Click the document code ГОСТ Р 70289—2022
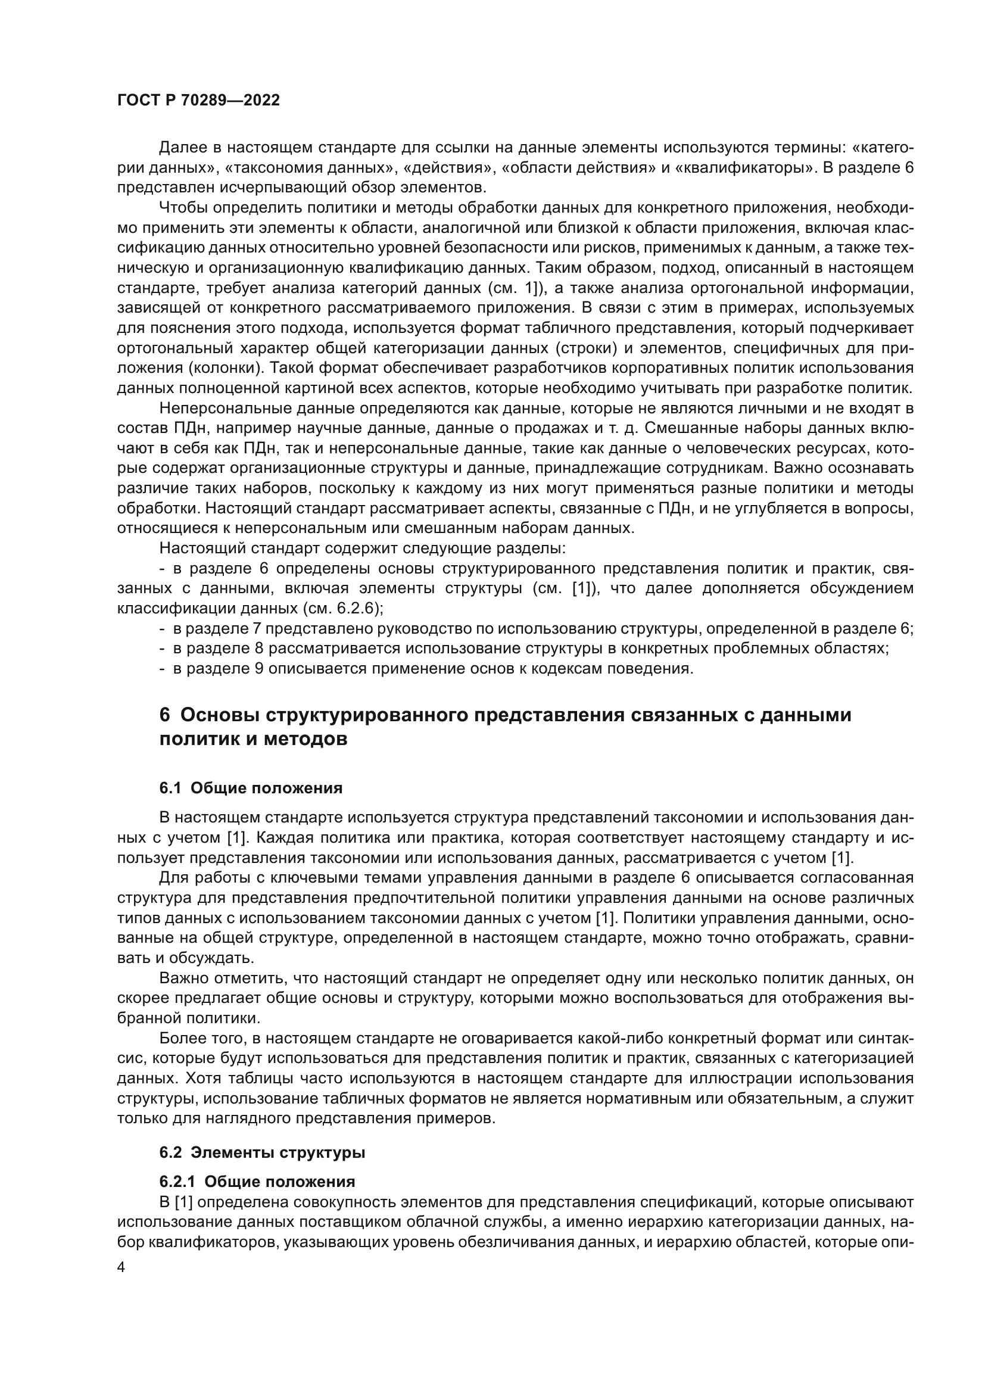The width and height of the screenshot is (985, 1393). click(x=198, y=101)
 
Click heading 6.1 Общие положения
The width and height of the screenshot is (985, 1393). click(x=251, y=788)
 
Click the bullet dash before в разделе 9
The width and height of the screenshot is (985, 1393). click(x=162, y=669)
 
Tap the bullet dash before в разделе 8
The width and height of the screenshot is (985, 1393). click(x=162, y=649)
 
